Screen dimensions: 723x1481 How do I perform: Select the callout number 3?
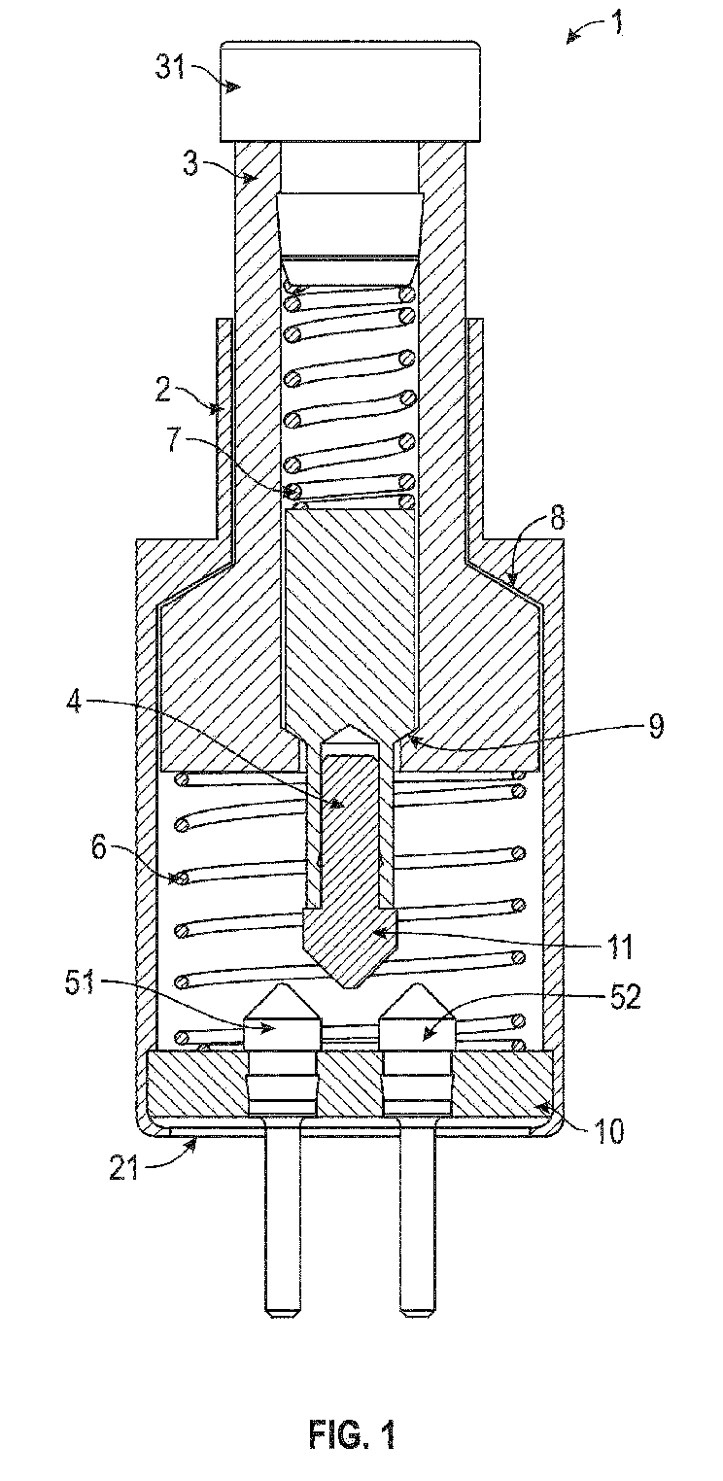190,163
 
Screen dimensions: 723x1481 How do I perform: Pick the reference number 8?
559,520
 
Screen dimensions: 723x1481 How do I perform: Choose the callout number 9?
655,725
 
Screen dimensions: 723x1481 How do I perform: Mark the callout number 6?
98,847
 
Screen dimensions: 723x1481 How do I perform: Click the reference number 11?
619,947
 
